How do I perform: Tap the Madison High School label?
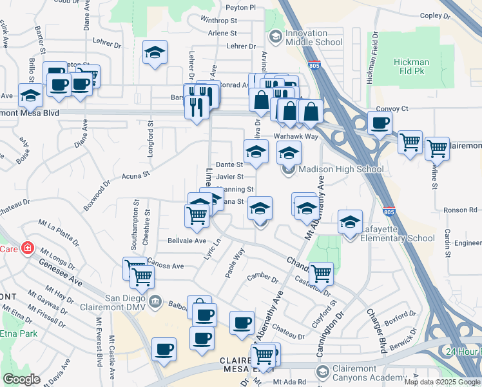[342, 170]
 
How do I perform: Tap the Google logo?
[22, 379]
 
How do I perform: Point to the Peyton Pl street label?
[240, 8]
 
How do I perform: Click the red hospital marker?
[28, 248]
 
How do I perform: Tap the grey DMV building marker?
[155, 301]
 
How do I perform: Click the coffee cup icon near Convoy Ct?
[380, 123]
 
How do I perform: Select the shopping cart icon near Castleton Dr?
[321, 273]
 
